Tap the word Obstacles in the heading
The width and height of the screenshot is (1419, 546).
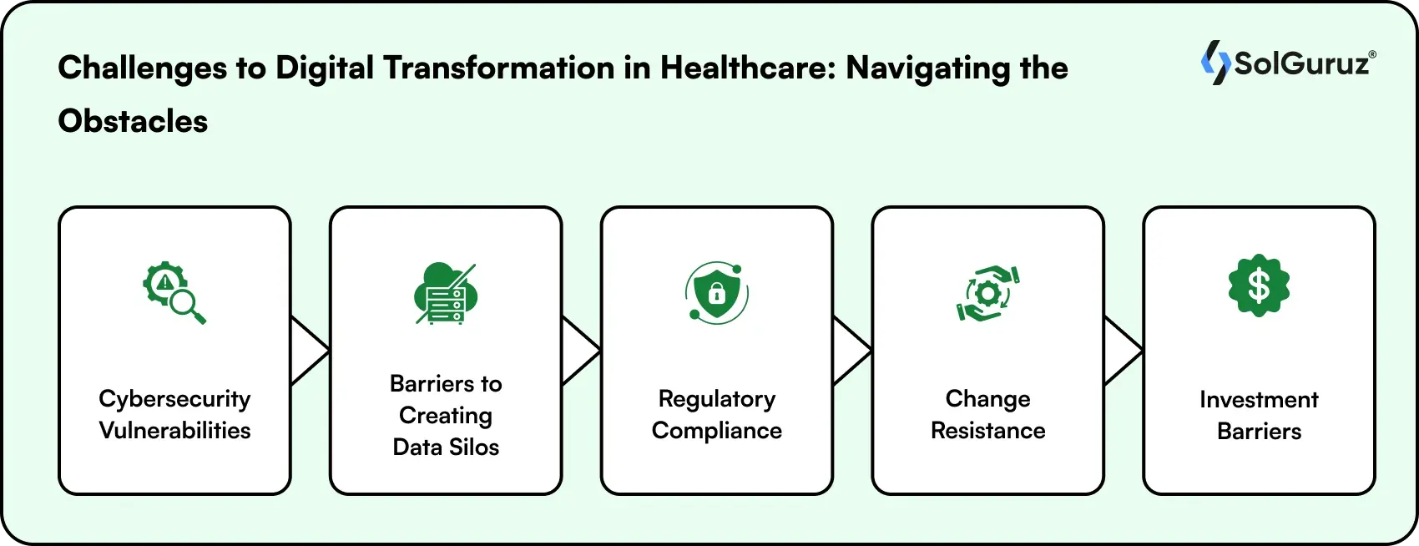133,122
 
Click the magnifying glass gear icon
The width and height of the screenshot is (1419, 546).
174,293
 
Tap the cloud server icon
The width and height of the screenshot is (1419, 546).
446,293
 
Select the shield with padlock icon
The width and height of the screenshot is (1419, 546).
716,292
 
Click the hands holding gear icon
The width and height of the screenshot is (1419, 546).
987,293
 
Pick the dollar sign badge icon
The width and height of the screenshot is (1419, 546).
1259,286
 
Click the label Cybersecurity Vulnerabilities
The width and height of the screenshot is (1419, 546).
174,414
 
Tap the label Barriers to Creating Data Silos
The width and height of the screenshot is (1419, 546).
446,415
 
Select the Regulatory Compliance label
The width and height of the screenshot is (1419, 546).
717,414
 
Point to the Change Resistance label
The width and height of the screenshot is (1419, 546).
988,414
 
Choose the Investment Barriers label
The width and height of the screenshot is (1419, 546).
1259,415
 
